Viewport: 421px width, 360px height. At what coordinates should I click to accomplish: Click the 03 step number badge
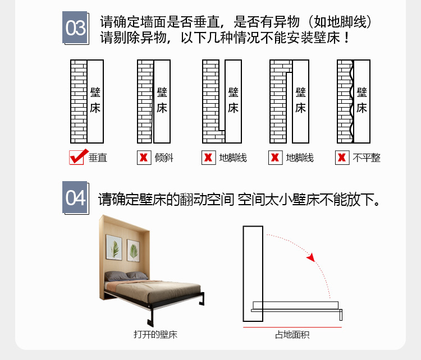pos(75,27)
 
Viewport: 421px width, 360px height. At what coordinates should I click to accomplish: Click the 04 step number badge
pos(75,198)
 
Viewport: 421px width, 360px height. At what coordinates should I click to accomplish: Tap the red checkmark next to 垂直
pos(79,156)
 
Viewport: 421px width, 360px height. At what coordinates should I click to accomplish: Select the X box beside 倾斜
pos(144,158)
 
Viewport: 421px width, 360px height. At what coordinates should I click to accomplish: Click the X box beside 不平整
pos(342,158)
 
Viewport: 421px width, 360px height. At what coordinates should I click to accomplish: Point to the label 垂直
pos(98,158)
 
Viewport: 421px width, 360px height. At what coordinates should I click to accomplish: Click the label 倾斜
pos(164,158)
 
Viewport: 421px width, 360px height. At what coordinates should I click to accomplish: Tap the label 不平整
pos(367,158)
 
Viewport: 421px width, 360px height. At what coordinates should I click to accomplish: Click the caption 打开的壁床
pos(155,335)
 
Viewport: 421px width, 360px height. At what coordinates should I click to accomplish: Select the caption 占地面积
pos(292,335)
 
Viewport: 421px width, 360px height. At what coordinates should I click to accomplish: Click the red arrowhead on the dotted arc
pos(311,257)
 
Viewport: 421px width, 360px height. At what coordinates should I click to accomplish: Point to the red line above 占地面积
pos(292,327)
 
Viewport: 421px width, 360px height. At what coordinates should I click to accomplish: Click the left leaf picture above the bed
pos(114,247)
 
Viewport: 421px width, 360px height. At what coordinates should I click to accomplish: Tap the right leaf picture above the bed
pos(133,251)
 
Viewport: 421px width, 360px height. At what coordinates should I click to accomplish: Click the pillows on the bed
pos(126,276)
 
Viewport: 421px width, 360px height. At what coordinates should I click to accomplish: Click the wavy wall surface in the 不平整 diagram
pos(352,101)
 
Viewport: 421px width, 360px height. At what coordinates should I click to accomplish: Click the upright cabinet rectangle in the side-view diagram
pos(253,274)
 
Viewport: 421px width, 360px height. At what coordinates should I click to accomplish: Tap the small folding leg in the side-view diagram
pos(341,315)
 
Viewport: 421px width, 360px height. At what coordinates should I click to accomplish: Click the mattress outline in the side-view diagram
pos(295,305)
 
